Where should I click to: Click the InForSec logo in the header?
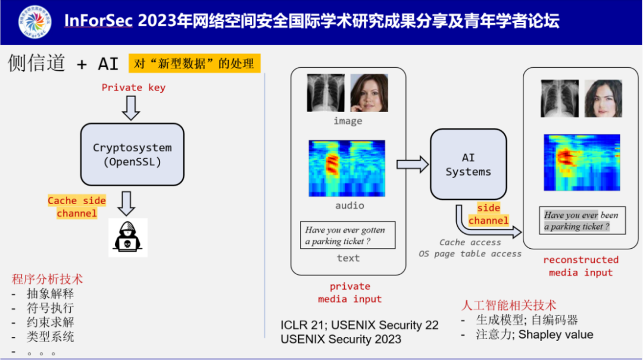(x=35, y=23)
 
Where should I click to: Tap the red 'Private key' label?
(x=133, y=87)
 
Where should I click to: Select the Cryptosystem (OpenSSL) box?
(x=132, y=154)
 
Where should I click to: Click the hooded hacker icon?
(x=128, y=237)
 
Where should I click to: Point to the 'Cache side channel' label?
(x=77, y=207)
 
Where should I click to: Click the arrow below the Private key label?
(x=130, y=107)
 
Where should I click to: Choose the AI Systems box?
(x=469, y=164)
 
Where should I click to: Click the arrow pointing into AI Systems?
(x=413, y=164)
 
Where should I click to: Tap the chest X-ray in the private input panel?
(x=326, y=93)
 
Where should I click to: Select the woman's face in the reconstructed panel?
(x=603, y=98)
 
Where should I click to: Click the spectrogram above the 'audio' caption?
(x=347, y=168)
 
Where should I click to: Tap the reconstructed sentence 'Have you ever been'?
(x=582, y=221)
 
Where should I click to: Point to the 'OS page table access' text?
(x=470, y=254)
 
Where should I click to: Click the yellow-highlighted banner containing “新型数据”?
(x=195, y=64)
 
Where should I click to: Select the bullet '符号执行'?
(x=50, y=308)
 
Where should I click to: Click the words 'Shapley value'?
(x=555, y=334)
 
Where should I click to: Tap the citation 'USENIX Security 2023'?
(x=341, y=340)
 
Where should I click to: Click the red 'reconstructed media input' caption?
(x=580, y=266)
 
